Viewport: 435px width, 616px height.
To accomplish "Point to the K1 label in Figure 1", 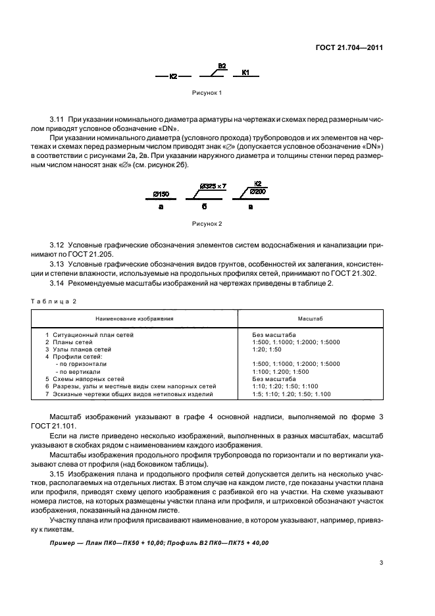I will (x=245, y=72).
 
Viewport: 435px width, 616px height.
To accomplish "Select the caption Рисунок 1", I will (x=205, y=93).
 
